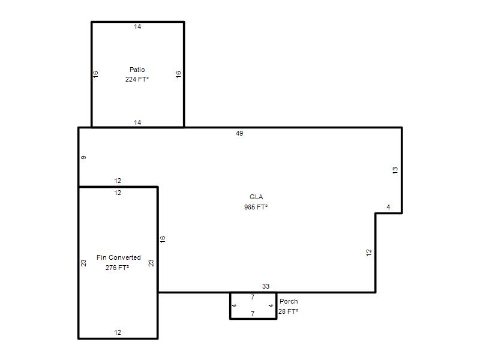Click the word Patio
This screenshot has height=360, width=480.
[x=137, y=70]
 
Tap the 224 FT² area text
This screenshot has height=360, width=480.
[x=137, y=79]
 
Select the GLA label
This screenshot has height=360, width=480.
[x=256, y=197]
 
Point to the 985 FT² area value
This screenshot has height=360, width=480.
[x=256, y=207]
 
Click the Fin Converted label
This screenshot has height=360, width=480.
[x=119, y=257]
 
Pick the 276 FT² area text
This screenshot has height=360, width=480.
[x=117, y=268]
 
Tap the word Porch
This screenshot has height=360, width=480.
[x=289, y=301]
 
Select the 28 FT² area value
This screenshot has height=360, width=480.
[x=288, y=311]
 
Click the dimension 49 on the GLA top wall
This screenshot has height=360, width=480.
[x=239, y=133]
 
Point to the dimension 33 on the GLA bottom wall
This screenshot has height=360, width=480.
[x=266, y=286]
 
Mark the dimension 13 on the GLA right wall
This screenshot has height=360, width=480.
[x=395, y=170]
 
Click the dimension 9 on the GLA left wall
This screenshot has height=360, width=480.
[x=83, y=157]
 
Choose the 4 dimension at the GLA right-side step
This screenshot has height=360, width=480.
[x=388, y=207]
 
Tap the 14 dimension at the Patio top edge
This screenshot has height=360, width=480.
[x=137, y=26]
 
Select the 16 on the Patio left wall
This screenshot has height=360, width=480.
[x=95, y=74]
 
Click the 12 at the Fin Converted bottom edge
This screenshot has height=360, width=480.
[x=118, y=332]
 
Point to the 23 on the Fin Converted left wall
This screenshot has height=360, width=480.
[x=83, y=263]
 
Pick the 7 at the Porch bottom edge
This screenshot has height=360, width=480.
[x=253, y=314]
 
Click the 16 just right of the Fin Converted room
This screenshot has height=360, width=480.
[x=163, y=239]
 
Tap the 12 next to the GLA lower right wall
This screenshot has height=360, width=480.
[x=369, y=253]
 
